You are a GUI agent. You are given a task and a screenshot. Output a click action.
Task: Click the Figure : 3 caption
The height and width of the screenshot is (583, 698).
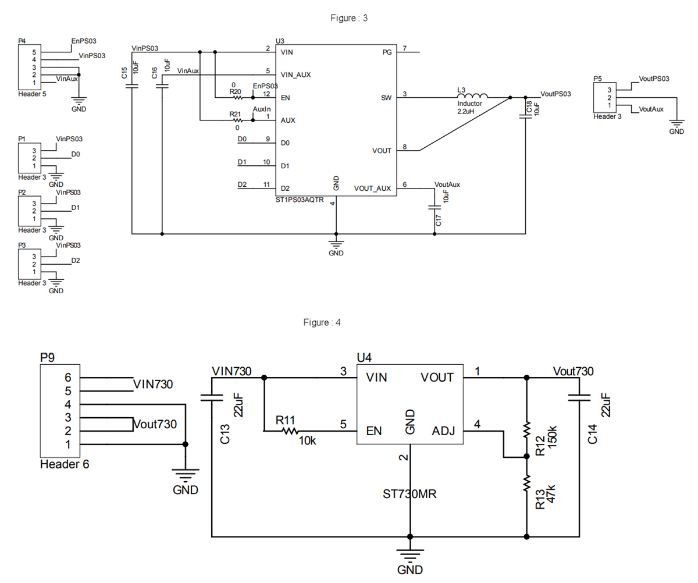tap(348, 18)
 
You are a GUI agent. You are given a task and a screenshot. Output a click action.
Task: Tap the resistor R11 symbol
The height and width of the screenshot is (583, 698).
tap(290, 431)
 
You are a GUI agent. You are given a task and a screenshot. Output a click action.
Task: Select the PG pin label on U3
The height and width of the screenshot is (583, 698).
tap(387, 52)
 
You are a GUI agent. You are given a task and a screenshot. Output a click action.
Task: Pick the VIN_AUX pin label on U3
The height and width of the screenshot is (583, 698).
tap(297, 75)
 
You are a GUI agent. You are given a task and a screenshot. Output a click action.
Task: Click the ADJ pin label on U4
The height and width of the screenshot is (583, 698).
tap(443, 432)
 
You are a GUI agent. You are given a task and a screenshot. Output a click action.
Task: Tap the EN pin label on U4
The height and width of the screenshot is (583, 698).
tap(374, 432)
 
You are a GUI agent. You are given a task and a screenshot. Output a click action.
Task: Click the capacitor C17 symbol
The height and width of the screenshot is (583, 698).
tap(434, 206)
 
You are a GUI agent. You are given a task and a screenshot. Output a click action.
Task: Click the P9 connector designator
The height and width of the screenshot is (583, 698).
tap(48, 358)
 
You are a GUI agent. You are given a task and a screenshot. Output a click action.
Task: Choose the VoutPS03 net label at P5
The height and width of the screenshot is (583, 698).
tap(654, 78)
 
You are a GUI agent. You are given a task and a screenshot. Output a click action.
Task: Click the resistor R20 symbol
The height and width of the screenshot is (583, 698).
tap(237, 98)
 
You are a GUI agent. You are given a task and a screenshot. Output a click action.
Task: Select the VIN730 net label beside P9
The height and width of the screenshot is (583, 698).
tap(154, 384)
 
